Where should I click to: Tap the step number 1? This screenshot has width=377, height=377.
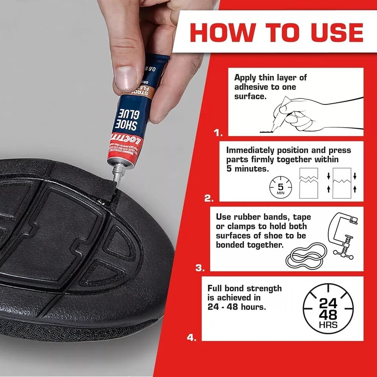(x=218, y=133)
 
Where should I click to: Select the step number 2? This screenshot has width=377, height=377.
(x=209, y=199)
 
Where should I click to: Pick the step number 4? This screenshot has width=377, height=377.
(x=191, y=337)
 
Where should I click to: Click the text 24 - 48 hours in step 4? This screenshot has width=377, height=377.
(x=236, y=306)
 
